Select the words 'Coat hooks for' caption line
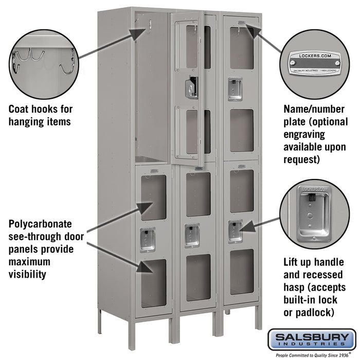click(41, 109)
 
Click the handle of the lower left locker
click(148, 238)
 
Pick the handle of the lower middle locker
click(193, 235)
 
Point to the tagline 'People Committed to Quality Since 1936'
click(311, 355)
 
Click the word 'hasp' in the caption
click(296, 287)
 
